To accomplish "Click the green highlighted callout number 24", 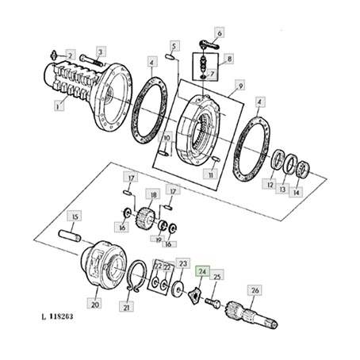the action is point(202,271).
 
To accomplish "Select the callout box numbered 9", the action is point(240,86).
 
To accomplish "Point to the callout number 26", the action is point(255,290).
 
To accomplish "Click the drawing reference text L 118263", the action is point(57,316).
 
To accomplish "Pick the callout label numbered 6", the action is point(220,33).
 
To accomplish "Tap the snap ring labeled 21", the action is point(137,276).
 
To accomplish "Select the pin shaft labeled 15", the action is point(70,236).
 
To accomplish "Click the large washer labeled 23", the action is point(179,289).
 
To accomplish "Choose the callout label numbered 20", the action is point(95,304).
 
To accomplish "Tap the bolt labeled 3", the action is point(90,61).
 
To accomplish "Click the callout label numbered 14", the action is point(296,192).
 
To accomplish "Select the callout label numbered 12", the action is point(269,185).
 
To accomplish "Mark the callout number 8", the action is point(229,59).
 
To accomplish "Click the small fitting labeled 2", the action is point(54,56).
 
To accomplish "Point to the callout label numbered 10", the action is point(167,138).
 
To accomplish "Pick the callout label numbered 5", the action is point(174,46).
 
